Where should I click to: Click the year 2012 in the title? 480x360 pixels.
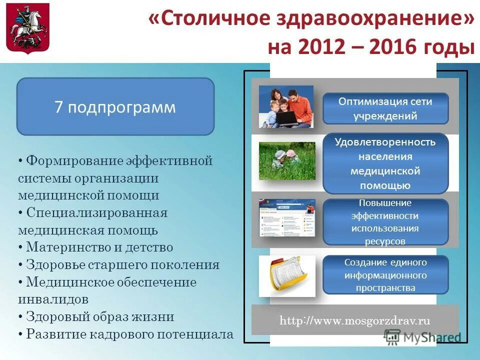tap(322, 47)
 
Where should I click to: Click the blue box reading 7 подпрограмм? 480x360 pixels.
tap(115, 107)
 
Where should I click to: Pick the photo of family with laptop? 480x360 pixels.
tap(286, 106)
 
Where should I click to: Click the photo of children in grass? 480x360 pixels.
tap(287, 161)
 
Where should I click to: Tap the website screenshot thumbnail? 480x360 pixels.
tap(287, 218)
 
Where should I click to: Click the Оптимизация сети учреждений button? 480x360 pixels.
tap(385, 109)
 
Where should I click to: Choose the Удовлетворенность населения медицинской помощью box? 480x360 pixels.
tap(385, 163)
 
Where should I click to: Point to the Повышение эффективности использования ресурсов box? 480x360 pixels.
tap(385, 222)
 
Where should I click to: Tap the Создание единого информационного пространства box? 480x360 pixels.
tap(385, 275)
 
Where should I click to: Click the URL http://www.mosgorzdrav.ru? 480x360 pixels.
tap(354, 321)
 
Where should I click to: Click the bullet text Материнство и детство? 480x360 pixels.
tap(99, 247)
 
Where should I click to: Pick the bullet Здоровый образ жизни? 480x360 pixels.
tap(100, 317)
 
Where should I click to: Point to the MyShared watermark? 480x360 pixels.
tap(422, 337)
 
